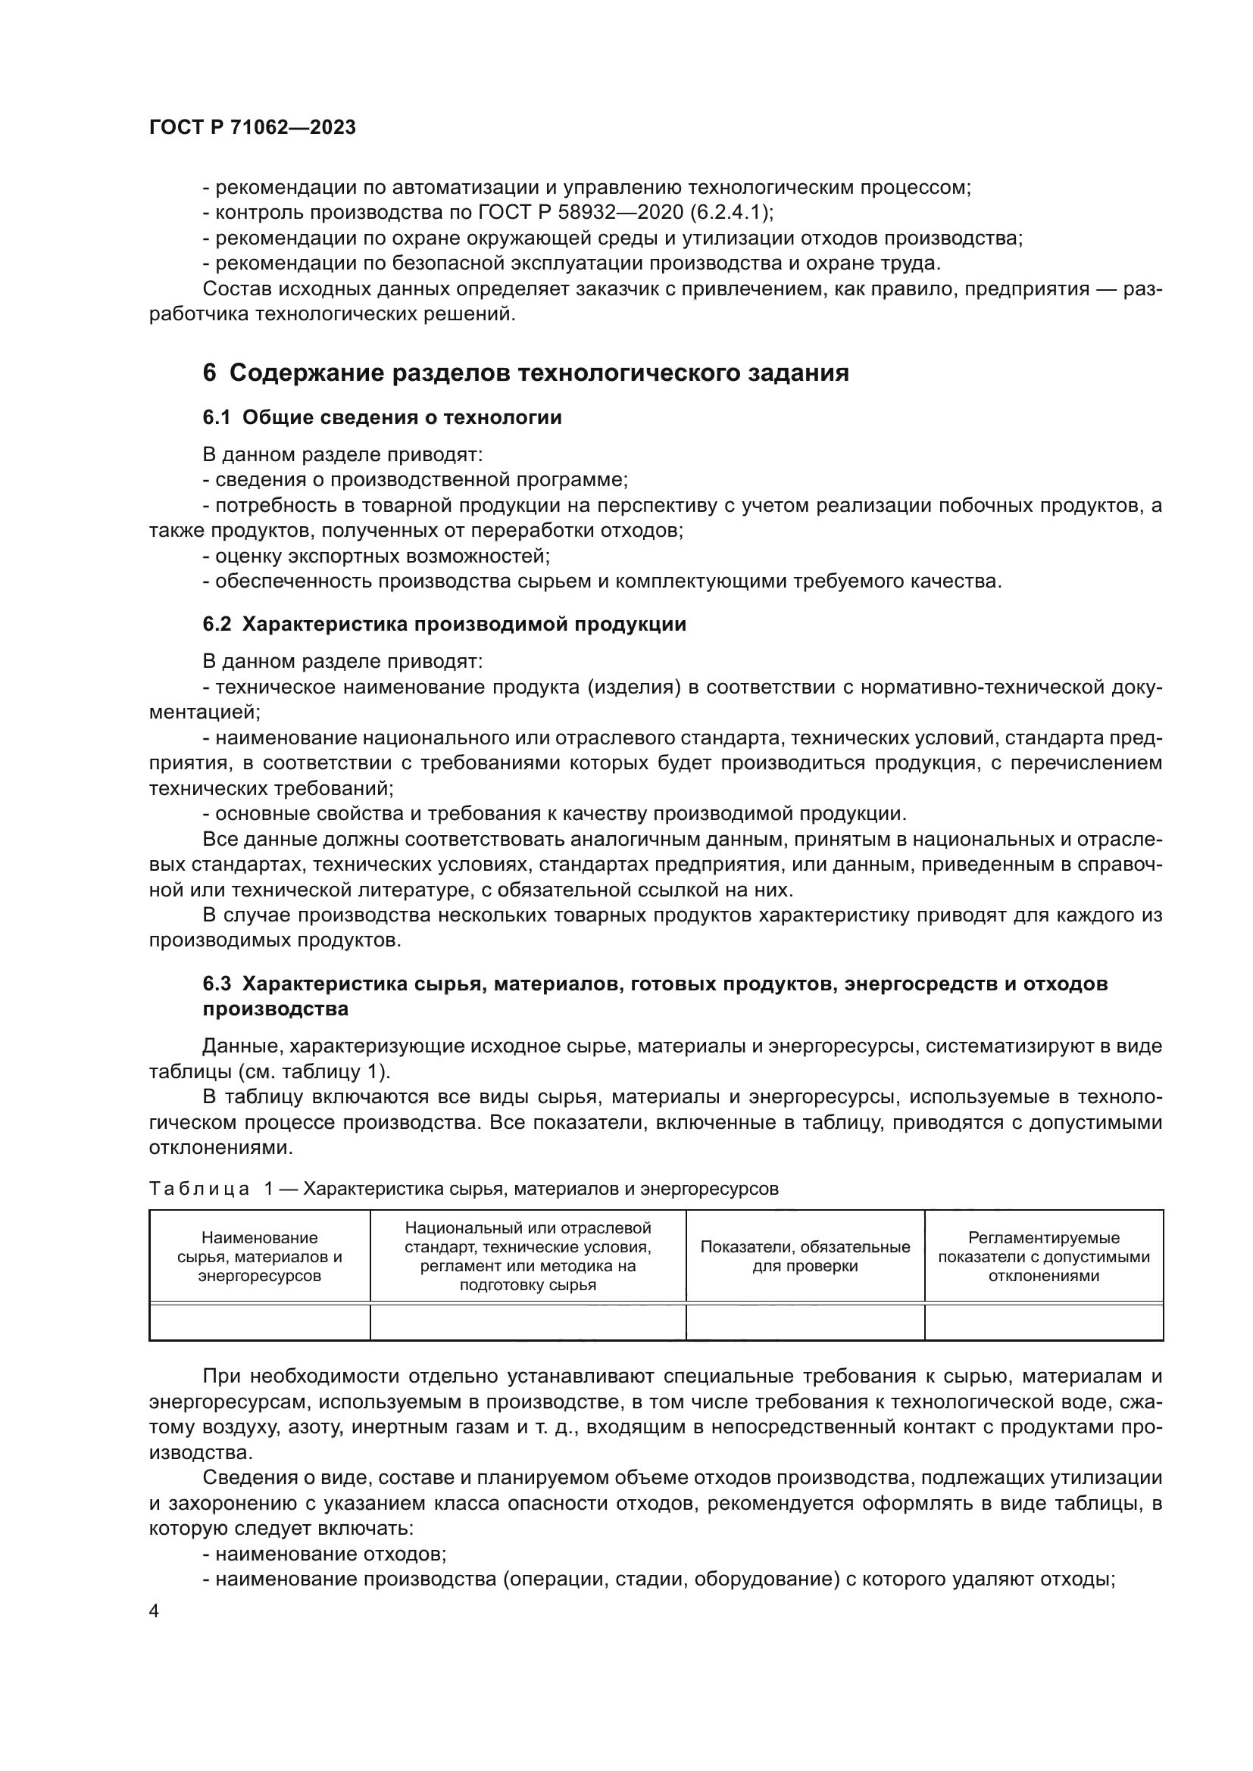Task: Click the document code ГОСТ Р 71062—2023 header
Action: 252,128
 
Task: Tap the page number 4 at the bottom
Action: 155,1611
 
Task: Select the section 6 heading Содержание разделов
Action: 526,373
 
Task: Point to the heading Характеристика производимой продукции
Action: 464,624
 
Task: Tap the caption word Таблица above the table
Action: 199,1189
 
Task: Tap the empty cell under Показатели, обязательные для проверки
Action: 805,1322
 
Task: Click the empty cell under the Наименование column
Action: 259,1322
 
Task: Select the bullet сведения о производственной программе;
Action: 416,480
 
